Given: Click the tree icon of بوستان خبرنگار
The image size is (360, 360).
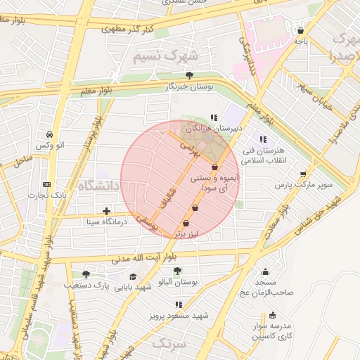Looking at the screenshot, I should point(188,75).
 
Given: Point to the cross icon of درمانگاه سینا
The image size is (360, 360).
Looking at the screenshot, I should point(106,211).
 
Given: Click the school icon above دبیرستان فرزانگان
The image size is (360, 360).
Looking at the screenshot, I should point(214,117).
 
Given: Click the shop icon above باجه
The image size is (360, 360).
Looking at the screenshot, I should point(301,31).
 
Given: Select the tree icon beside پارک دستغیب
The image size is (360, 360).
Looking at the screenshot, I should point(86,274).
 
